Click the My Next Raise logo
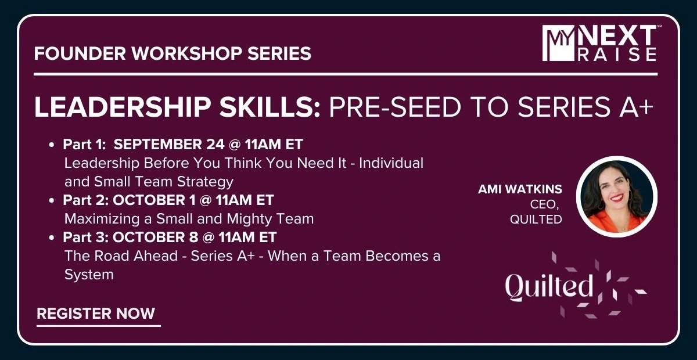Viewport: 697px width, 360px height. [x=599, y=43]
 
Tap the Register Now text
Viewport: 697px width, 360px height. [x=96, y=314]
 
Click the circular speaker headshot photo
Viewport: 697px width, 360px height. [x=617, y=197]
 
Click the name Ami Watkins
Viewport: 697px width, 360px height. [x=520, y=189]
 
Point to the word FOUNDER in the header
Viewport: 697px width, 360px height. [x=80, y=53]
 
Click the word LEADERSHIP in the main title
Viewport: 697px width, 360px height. [x=123, y=107]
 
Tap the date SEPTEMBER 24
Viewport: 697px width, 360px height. [x=169, y=145]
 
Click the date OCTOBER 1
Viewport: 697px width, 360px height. [x=154, y=200]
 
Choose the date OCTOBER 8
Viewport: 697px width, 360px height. [x=155, y=237]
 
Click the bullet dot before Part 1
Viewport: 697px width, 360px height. [x=52, y=145]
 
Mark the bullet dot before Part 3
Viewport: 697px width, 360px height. [x=52, y=237]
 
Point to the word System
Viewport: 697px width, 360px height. [x=89, y=275]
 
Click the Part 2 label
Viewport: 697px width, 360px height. [x=85, y=200]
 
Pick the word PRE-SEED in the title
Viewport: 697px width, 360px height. [x=395, y=107]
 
